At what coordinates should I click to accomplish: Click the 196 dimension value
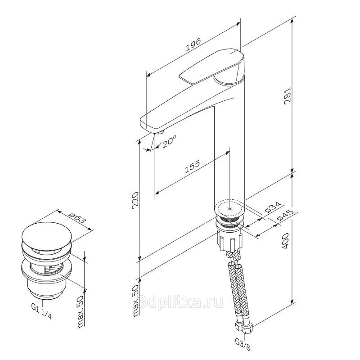pyautogui.click(x=193, y=44)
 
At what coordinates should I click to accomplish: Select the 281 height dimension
pyautogui.click(x=288, y=95)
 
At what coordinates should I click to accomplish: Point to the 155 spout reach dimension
pyautogui.click(x=193, y=166)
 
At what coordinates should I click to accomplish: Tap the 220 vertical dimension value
pyautogui.click(x=135, y=200)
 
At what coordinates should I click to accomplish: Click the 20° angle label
pyautogui.click(x=169, y=141)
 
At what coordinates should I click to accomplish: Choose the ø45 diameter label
pyautogui.click(x=285, y=215)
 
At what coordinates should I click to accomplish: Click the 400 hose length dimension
pyautogui.click(x=285, y=241)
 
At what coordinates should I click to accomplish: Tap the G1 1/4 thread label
pyautogui.click(x=41, y=311)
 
